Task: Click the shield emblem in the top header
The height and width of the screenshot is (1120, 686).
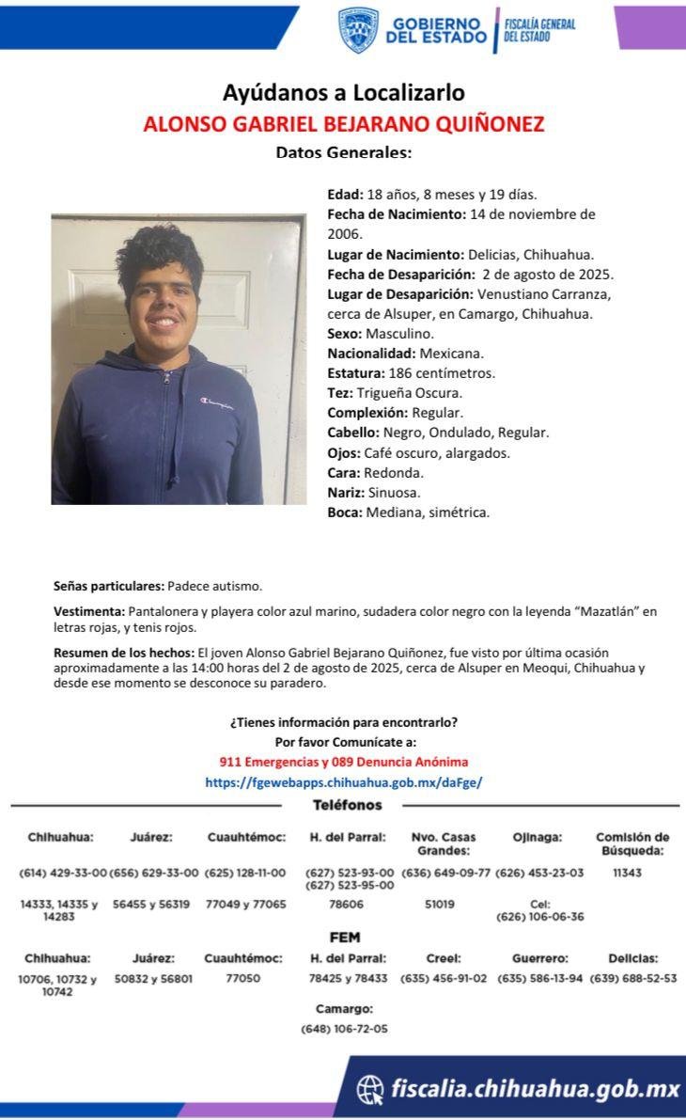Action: (x=358, y=30)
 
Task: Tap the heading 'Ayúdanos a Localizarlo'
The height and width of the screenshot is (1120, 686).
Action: (x=343, y=93)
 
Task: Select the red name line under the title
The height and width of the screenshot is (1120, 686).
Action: (x=343, y=124)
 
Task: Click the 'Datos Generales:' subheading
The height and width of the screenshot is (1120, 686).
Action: (x=343, y=152)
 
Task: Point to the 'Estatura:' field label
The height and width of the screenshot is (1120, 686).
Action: (x=354, y=373)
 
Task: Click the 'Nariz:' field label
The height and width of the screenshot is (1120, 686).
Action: (x=346, y=492)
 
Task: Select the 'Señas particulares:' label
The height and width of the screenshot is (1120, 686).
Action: (x=109, y=585)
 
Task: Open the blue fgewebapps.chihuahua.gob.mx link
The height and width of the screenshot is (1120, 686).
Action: (x=343, y=781)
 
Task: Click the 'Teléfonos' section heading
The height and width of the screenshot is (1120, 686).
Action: (x=347, y=805)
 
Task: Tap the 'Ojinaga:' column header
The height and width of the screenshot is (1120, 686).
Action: (x=538, y=837)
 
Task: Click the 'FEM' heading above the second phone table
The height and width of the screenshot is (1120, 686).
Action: (x=344, y=938)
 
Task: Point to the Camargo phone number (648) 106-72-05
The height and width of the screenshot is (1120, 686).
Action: (x=344, y=1029)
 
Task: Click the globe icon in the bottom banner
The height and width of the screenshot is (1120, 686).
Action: (x=371, y=1089)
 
